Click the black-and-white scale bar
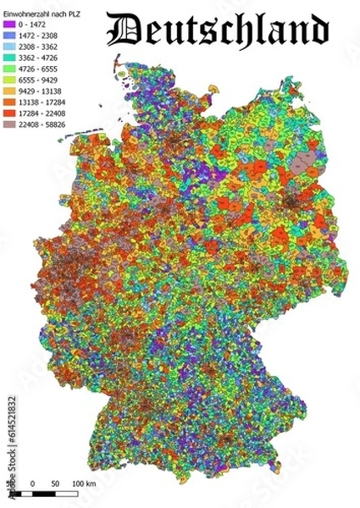tap(54, 493)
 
